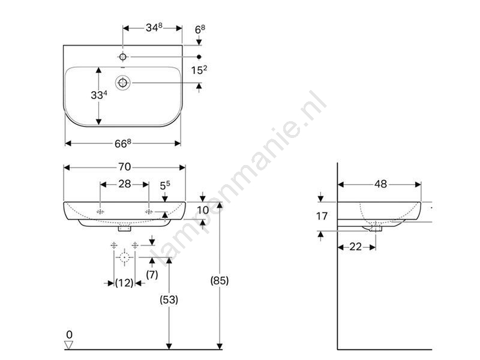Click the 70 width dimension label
point(125,167)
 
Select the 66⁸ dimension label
point(123,143)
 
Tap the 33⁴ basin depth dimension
point(99,95)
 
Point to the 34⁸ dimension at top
point(154,28)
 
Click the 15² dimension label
point(199,70)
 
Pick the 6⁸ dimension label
point(200,29)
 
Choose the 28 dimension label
point(125,184)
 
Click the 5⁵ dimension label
point(164,185)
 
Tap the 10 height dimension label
point(203,211)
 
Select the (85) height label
point(220,280)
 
